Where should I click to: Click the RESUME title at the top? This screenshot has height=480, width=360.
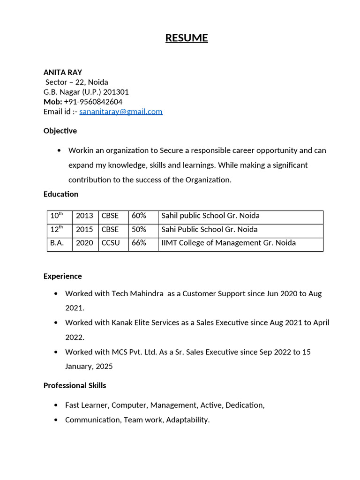(187, 38)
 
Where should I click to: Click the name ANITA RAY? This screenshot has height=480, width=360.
(63, 72)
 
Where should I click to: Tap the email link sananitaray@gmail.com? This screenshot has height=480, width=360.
(121, 112)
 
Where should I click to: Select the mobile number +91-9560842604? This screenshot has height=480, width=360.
(93, 102)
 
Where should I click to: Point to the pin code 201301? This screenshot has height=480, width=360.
(117, 92)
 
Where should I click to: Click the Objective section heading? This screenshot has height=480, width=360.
(60, 131)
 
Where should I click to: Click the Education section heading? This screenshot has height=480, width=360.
(61, 194)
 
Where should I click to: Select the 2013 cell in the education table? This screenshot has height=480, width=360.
(84, 216)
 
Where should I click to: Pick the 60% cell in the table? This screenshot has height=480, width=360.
(139, 216)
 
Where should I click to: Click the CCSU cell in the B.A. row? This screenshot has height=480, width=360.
(111, 243)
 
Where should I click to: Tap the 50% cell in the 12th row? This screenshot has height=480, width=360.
(139, 229)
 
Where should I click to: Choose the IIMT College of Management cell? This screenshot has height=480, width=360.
(228, 243)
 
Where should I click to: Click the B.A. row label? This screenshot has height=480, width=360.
(57, 243)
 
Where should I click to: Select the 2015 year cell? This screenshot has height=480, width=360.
(84, 229)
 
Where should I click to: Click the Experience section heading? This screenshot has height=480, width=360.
(63, 276)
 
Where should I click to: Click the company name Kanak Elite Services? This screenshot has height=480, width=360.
(145, 322)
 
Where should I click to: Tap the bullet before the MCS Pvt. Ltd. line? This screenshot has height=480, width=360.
(56, 352)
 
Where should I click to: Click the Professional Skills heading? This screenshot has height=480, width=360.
(75, 385)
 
